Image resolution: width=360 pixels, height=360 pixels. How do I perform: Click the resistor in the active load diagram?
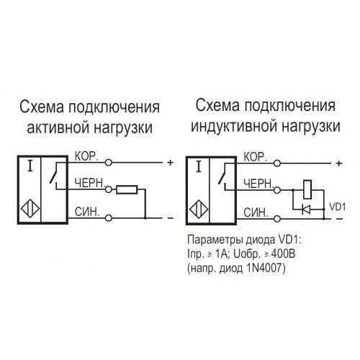(127, 189)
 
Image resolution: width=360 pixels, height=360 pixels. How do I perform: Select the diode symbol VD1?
(306, 210)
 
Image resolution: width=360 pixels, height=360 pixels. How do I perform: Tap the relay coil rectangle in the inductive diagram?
(307, 189)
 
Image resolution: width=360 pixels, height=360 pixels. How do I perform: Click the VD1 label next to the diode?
(337, 207)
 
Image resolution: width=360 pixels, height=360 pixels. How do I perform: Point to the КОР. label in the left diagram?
(86, 156)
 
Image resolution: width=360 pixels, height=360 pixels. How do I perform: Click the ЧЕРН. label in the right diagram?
(258, 184)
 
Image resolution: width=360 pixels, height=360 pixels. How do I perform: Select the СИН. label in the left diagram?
(87, 212)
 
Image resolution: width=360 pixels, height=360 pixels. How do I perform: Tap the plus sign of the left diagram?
(171, 163)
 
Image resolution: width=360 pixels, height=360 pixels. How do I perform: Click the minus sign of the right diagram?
(340, 219)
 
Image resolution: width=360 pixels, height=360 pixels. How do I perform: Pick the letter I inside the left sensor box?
(30, 166)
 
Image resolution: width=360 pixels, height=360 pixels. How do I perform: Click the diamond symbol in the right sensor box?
(199, 210)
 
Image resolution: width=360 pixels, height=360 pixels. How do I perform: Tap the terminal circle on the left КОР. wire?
(109, 163)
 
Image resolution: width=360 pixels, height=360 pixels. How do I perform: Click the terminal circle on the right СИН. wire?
(277, 219)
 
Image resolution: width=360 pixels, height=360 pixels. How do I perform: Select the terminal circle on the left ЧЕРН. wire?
(109, 189)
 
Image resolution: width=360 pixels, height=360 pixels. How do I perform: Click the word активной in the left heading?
(57, 127)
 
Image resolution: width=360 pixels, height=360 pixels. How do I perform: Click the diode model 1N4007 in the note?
(266, 268)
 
